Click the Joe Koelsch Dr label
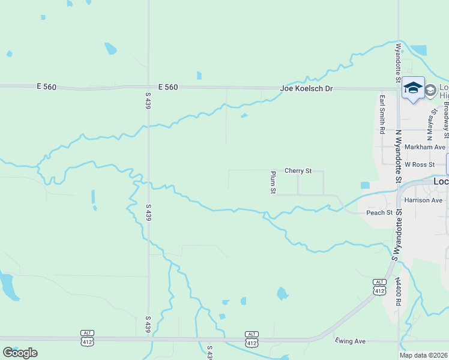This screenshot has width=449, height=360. point(306,89)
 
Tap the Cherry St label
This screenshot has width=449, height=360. point(298,171)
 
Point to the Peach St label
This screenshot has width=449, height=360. point(379,212)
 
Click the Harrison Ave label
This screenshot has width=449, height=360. point(423,200)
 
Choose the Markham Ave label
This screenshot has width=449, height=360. point(425,147)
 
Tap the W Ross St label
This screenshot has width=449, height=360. point(419,164)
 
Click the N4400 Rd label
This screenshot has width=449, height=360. point(397,292)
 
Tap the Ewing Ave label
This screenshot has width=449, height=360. point(351,341)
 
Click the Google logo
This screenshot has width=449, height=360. point(20,353)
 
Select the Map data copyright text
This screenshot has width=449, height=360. point(424,355)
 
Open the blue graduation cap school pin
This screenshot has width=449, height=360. point(413,88)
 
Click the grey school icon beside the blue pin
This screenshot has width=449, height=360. point(430,91)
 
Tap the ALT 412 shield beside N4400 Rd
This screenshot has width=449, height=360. point(379,287)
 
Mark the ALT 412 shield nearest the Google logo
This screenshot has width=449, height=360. point(88,337)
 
